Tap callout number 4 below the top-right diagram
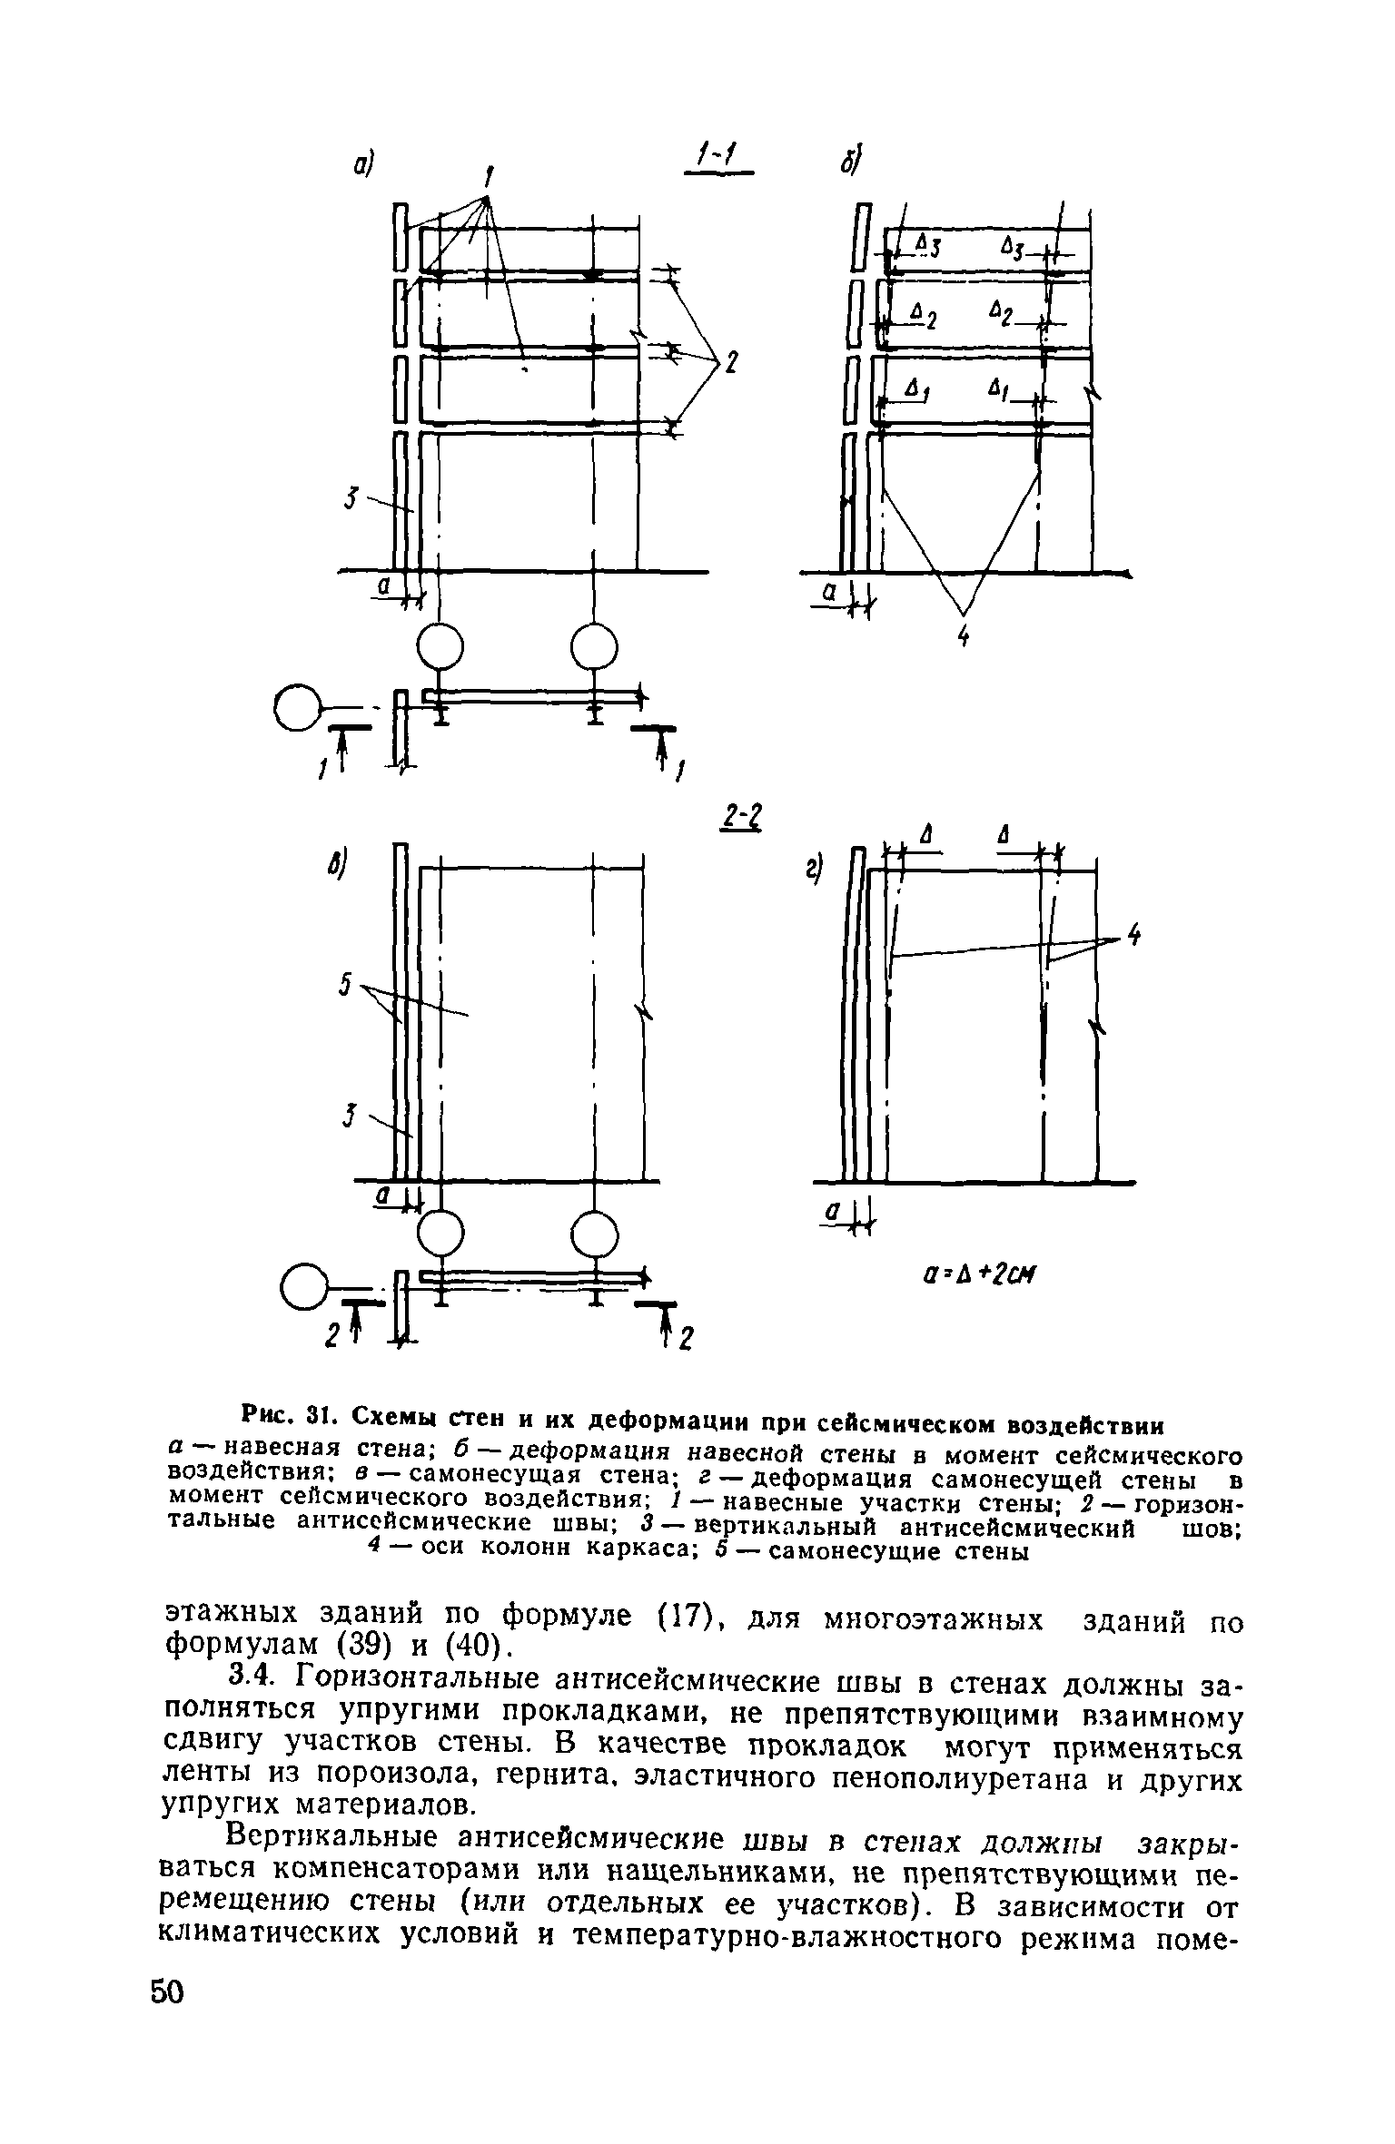point(964,639)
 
